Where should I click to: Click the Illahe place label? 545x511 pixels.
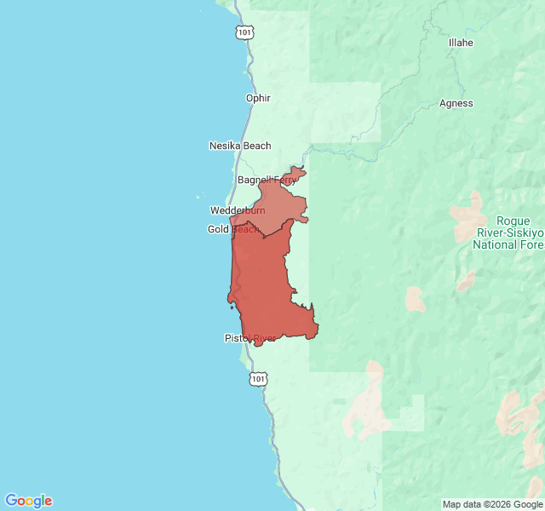tap(461, 43)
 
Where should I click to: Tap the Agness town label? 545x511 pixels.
tap(456, 104)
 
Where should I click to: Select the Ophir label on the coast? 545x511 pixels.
tap(258, 98)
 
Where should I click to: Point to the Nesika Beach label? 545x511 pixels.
tap(240, 146)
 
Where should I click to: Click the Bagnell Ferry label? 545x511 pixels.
tap(266, 180)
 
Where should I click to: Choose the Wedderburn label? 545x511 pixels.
tap(238, 210)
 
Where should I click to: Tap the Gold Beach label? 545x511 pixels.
tap(233, 229)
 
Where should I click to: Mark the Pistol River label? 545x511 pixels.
tap(250, 338)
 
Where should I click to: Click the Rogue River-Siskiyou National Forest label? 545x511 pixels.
tap(508, 232)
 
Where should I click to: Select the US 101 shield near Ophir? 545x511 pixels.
tap(244, 32)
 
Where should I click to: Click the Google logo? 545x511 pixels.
tap(28, 501)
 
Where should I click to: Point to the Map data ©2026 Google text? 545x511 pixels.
tap(491, 504)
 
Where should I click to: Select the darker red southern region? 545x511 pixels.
tap(264, 290)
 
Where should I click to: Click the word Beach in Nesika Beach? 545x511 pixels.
tap(256, 146)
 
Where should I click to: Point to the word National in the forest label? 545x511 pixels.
tap(496, 245)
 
